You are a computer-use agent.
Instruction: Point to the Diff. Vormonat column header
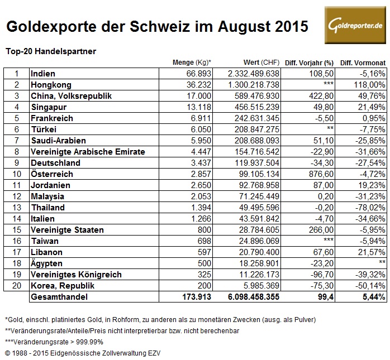[x=361, y=62]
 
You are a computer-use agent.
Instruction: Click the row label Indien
[x=43, y=73]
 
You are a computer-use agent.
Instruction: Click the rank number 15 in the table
[x=17, y=230]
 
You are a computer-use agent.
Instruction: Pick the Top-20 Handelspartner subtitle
[x=51, y=51]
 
